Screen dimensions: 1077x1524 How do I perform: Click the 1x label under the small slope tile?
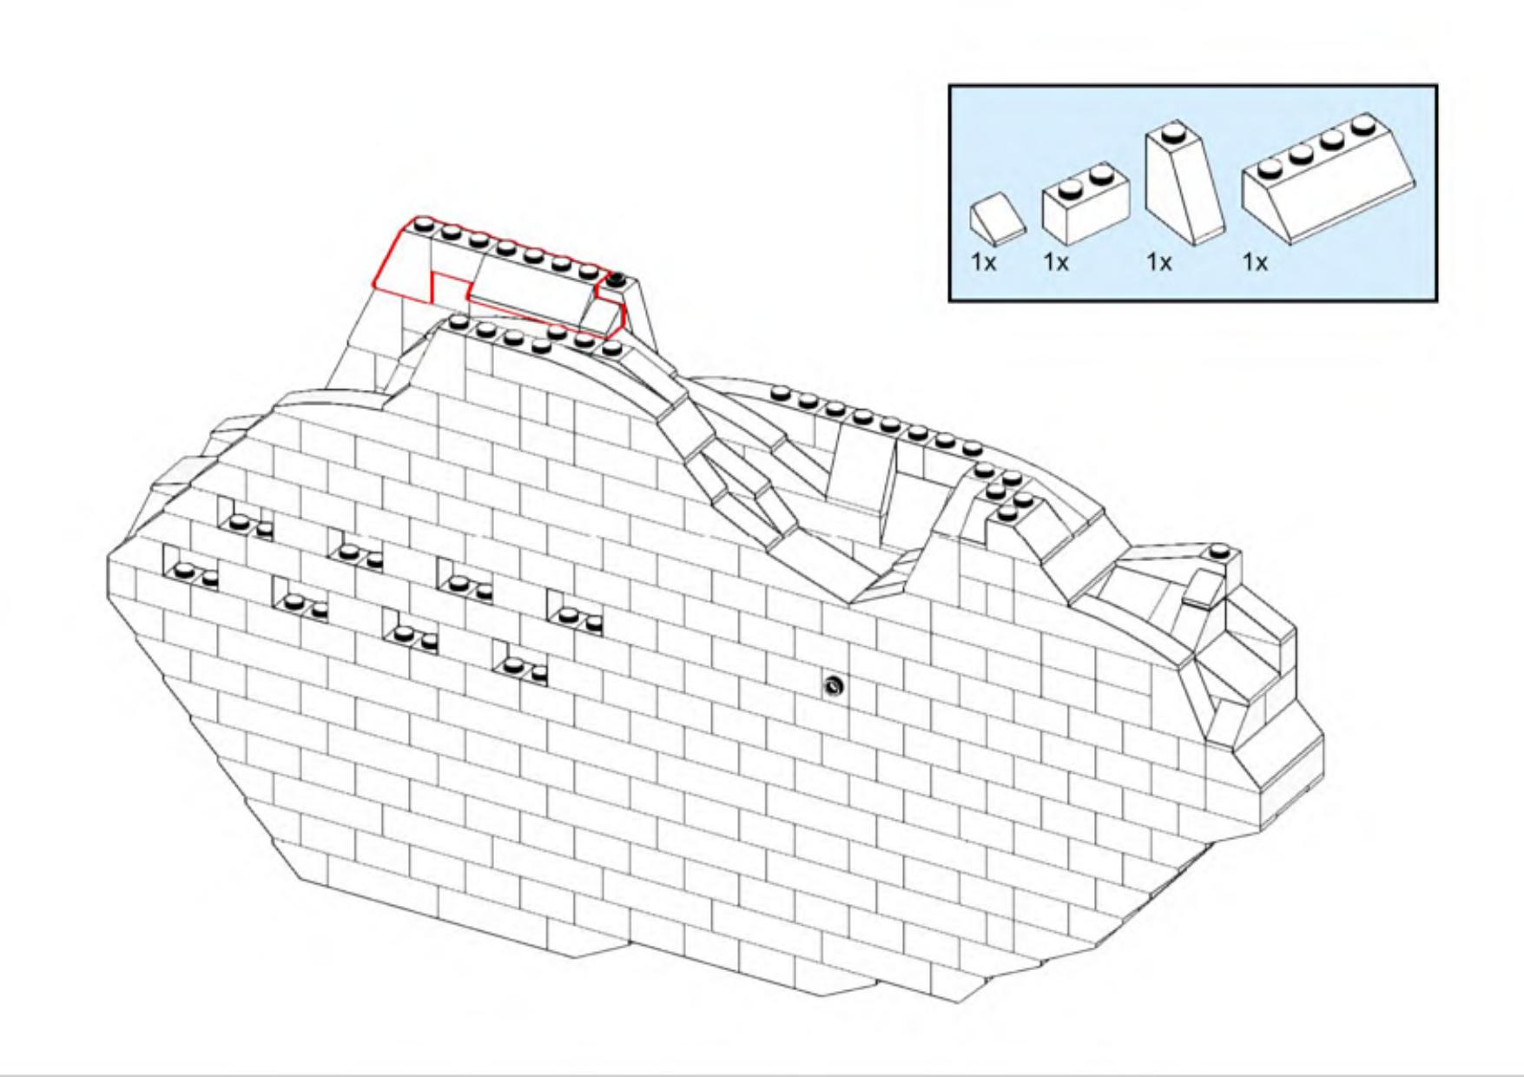(x=983, y=261)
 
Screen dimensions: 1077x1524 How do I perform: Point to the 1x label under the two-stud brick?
(x=1056, y=261)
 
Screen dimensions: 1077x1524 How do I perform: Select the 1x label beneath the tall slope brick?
(x=1159, y=261)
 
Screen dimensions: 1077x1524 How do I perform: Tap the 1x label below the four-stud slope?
(x=1255, y=261)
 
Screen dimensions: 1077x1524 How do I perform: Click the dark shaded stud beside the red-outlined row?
(x=617, y=280)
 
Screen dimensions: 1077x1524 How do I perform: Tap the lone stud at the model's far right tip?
(x=1219, y=551)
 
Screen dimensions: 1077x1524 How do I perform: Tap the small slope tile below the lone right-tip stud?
(x=1203, y=589)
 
